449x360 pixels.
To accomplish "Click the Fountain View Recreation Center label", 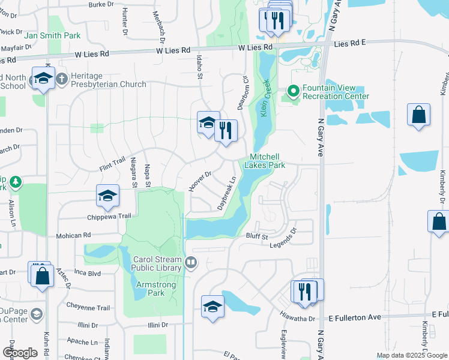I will point(335,92).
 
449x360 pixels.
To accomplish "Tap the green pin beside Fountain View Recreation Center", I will point(294,91).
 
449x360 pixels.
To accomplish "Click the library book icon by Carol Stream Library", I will point(191,262).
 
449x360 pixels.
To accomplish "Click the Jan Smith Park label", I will point(52,36).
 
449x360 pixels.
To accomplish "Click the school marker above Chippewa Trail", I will point(107,196).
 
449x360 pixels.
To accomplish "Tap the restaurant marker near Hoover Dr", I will point(226,131).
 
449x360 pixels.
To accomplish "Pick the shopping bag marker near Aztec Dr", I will point(43,278).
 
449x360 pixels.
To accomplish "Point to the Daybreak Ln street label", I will point(226,192).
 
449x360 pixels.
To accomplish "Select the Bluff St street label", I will point(256,237).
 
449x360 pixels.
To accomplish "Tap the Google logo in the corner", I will point(20,353).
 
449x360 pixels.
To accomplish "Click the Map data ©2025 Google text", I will point(411,355).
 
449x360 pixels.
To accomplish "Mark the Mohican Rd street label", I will point(74,235).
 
